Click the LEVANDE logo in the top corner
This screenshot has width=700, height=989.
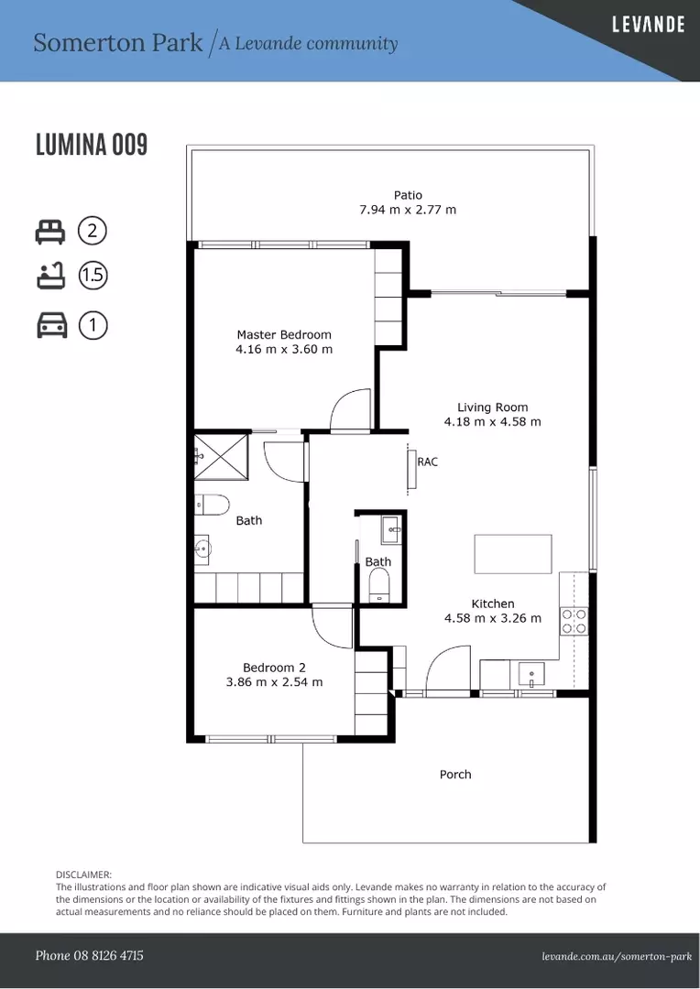[x=648, y=25]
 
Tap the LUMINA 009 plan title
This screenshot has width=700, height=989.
[x=92, y=145]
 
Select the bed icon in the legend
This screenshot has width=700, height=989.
[x=49, y=231]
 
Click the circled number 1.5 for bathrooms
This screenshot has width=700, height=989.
[x=93, y=276]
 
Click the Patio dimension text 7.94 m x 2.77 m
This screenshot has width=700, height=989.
[x=408, y=210]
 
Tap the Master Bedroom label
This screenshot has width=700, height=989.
[x=284, y=334]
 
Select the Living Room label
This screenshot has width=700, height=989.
[x=492, y=408]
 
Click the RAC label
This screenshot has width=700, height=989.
[x=427, y=462]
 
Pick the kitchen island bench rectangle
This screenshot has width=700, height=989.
[x=513, y=553]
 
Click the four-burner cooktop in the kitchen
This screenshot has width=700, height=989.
[x=574, y=621]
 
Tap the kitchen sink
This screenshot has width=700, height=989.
[x=532, y=676]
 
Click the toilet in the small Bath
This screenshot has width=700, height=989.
[x=379, y=584]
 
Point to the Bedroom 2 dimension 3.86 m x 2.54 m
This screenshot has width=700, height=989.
[x=274, y=681]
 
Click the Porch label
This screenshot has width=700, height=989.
[x=455, y=775]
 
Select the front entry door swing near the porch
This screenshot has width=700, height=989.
[x=447, y=668]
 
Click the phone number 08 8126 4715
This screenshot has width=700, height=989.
[x=89, y=955]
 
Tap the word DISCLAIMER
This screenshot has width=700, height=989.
[x=83, y=875]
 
